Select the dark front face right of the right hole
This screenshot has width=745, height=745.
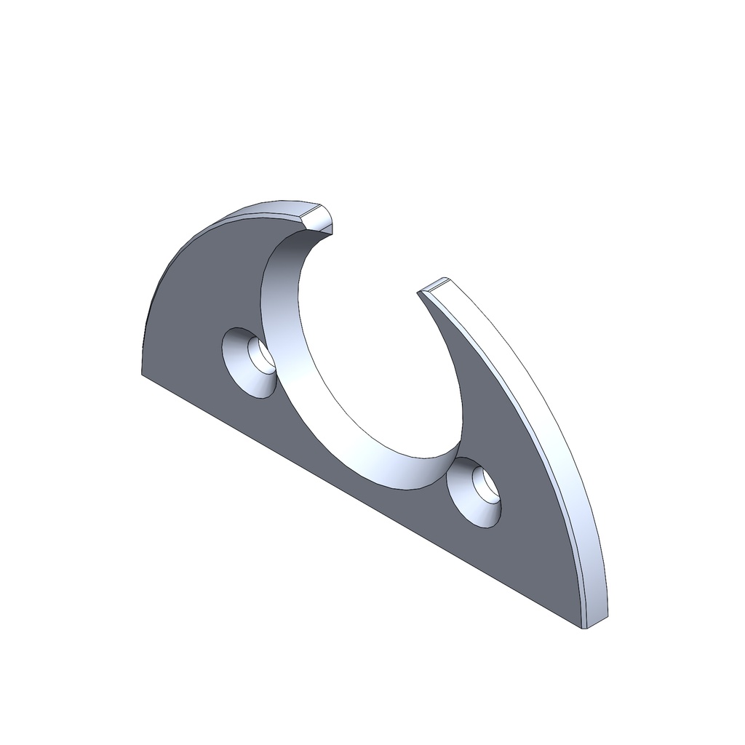[x=538, y=531]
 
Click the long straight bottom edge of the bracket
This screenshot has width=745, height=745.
[x=364, y=502]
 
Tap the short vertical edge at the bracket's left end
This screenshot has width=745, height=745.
[x=142, y=356]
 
